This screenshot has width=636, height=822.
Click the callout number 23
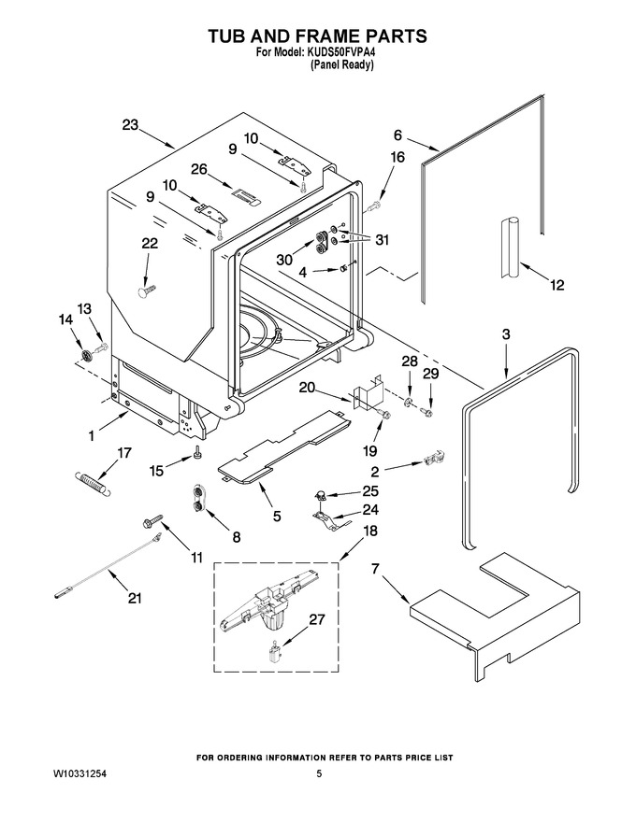pos(130,125)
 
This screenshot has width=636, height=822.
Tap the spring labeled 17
pos(94,482)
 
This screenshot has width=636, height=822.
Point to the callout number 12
pos(556,285)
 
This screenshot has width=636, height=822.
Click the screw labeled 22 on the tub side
pos(146,291)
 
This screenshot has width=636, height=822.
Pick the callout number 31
pos(382,240)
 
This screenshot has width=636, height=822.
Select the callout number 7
pos(375,569)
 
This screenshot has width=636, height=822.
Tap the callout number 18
pos(370,531)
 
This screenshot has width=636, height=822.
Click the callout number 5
pos(277,516)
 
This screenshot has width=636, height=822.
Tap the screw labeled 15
pos(197,452)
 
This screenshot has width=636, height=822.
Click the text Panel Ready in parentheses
pos(341,65)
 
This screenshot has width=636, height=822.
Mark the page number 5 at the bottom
pos(319,773)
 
